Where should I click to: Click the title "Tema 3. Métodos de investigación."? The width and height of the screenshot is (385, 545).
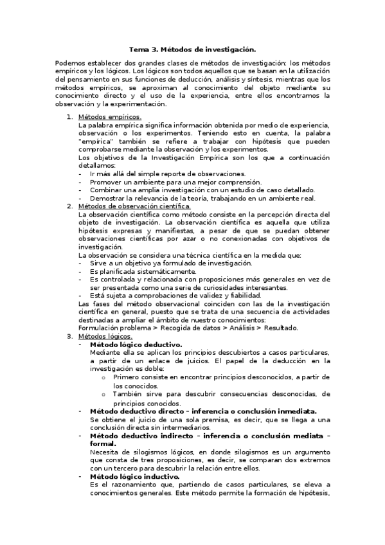[x=192, y=49]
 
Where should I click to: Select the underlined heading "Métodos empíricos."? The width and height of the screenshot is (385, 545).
[x=109, y=117]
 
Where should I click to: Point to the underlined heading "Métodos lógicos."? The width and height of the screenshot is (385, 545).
[x=105, y=336]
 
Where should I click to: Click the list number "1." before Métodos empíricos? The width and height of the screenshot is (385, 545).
[x=70, y=117]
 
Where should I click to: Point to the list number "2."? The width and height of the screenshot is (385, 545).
[x=70, y=206]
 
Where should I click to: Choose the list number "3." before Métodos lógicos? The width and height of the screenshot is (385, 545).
[x=70, y=336]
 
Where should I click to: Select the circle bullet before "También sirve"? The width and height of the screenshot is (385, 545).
[x=103, y=394]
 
